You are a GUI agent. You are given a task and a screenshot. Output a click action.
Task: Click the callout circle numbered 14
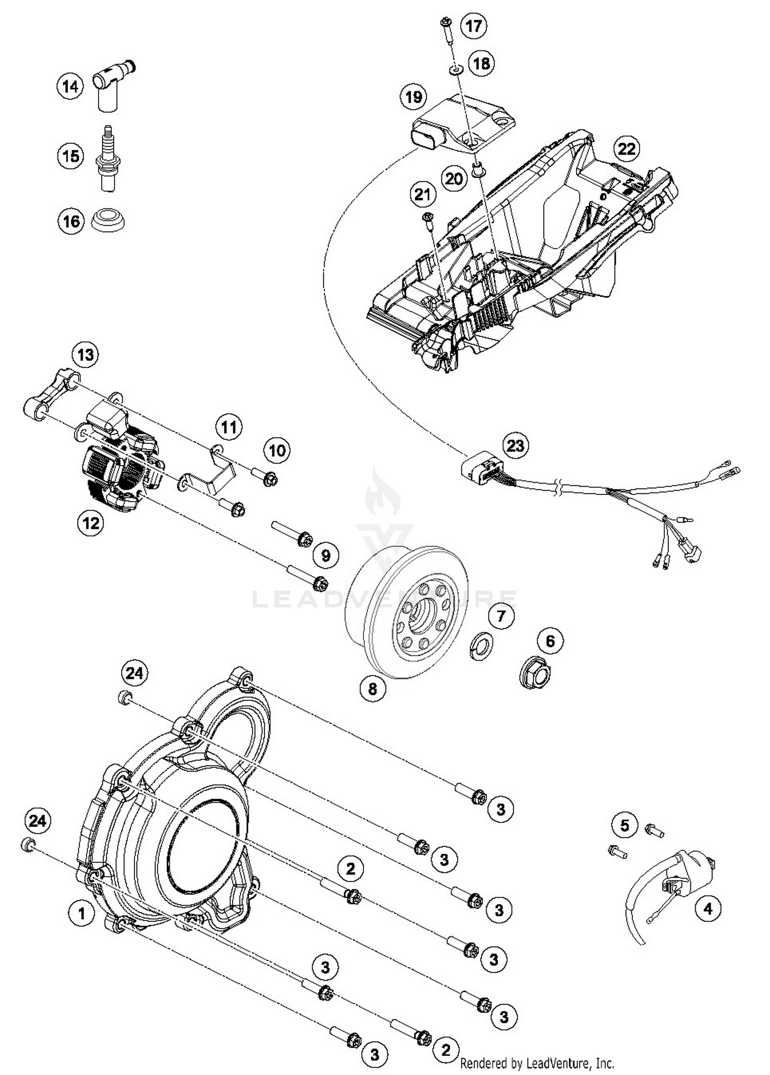point(70,86)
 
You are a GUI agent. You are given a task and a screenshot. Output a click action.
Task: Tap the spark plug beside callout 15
point(108,159)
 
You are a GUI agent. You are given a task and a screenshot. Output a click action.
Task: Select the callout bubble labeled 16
point(71,221)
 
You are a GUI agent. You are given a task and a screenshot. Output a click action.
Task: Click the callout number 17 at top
point(473,25)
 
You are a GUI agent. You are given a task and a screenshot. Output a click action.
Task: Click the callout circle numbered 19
point(414,97)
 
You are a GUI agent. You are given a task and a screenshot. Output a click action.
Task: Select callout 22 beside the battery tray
point(626,149)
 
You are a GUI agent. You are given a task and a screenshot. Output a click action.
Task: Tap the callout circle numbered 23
point(515,445)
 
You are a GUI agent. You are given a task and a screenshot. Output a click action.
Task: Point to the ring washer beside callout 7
point(481,646)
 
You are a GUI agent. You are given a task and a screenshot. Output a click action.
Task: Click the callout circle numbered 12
point(90,523)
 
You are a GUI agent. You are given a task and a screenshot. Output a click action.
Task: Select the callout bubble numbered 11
point(228,427)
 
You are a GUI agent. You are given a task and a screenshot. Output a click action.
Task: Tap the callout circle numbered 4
point(708,908)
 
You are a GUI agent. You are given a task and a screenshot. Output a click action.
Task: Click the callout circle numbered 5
point(625,825)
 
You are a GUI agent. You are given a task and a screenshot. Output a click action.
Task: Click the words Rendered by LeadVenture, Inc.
point(537,1063)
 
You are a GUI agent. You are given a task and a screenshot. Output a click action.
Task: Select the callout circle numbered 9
point(326,555)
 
